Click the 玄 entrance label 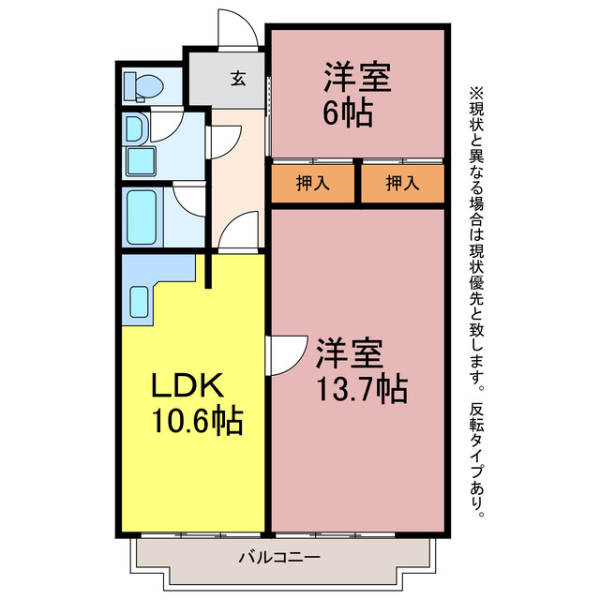pos(238,79)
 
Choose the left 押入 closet pos(313,184)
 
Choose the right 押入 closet pos(402,184)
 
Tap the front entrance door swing pos(237,28)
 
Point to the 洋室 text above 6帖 pos(358,76)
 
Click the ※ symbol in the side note pos(474,94)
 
